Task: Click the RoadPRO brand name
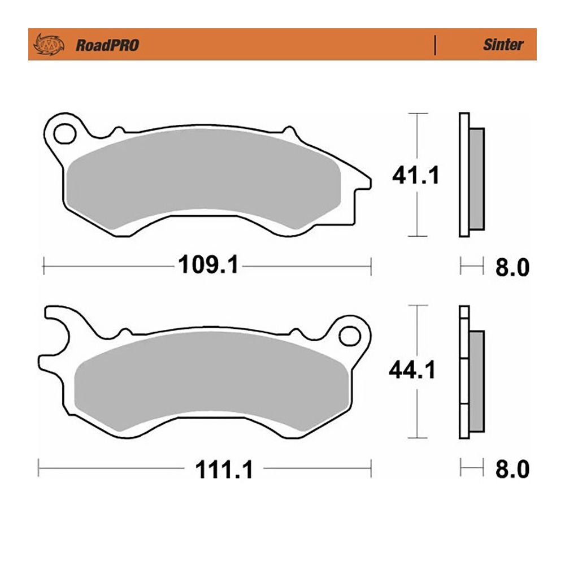click(107, 45)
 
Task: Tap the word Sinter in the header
click(503, 45)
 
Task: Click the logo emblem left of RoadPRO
click(49, 45)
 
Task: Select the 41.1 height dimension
click(416, 176)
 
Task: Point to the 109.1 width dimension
click(208, 264)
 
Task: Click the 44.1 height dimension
click(412, 370)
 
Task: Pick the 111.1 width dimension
click(224, 470)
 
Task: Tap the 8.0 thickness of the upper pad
click(512, 267)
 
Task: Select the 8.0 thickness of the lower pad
click(512, 469)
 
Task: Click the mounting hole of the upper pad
click(65, 134)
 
